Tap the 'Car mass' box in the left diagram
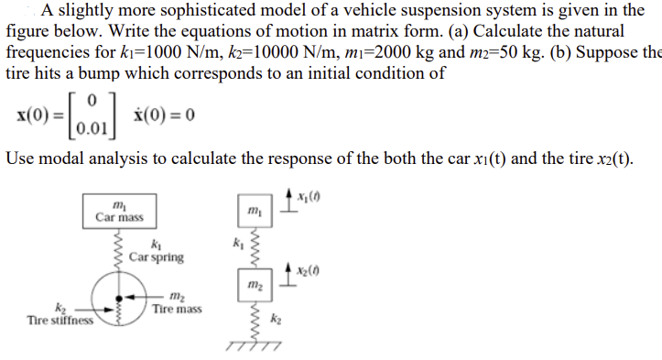tap(119, 212)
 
